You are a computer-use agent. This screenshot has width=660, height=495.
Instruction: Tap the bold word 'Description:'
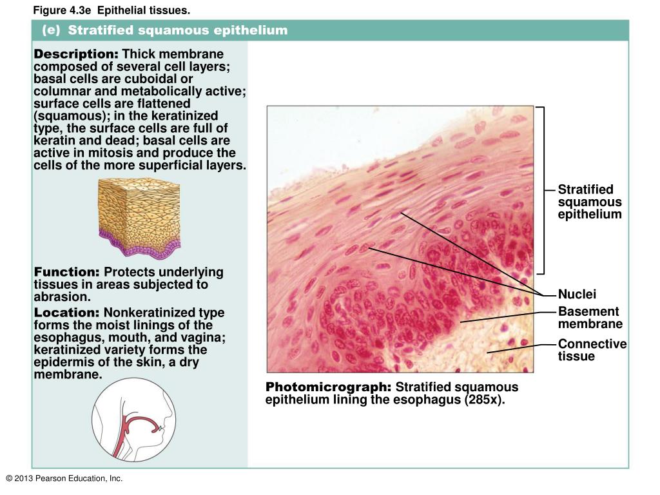tap(76, 53)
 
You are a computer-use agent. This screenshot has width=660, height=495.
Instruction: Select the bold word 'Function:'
tap(67, 272)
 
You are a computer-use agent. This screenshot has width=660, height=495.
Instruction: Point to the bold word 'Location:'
tap(67, 313)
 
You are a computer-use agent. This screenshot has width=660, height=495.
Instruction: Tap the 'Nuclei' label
tap(577, 295)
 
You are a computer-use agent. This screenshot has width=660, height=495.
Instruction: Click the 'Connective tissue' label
tap(592, 350)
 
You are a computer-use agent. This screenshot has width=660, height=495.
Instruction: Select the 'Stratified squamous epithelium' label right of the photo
tap(589, 202)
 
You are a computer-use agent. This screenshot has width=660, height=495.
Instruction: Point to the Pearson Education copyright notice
tap(64, 478)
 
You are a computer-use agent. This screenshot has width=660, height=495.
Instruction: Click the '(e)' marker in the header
tap(51, 31)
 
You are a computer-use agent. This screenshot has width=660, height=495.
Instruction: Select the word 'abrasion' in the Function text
tap(60, 296)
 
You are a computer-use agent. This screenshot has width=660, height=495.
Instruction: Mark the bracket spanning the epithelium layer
tap(543, 191)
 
